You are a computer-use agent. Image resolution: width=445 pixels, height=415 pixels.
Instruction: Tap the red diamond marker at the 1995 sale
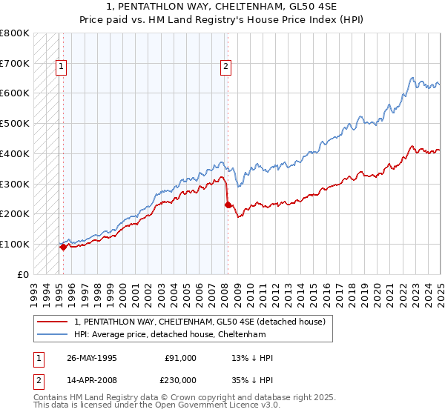pyautogui.click(x=64, y=247)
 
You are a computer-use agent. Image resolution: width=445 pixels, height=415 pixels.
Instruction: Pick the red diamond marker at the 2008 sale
pyautogui.click(x=228, y=205)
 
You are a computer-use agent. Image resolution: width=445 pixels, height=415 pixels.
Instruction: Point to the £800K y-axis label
pyautogui.click(x=14, y=33)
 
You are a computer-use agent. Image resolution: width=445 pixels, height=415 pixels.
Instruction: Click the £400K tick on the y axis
pyautogui.click(x=14, y=153)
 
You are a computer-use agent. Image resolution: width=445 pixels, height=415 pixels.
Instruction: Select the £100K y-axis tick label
pyautogui.click(x=14, y=244)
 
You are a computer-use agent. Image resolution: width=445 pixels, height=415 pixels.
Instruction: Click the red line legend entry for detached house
pyautogui.click(x=200, y=322)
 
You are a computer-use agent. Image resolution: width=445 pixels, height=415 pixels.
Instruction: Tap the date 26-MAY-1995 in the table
pyautogui.click(x=92, y=358)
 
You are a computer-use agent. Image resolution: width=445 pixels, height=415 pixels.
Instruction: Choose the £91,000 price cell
pyautogui.click(x=180, y=358)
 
